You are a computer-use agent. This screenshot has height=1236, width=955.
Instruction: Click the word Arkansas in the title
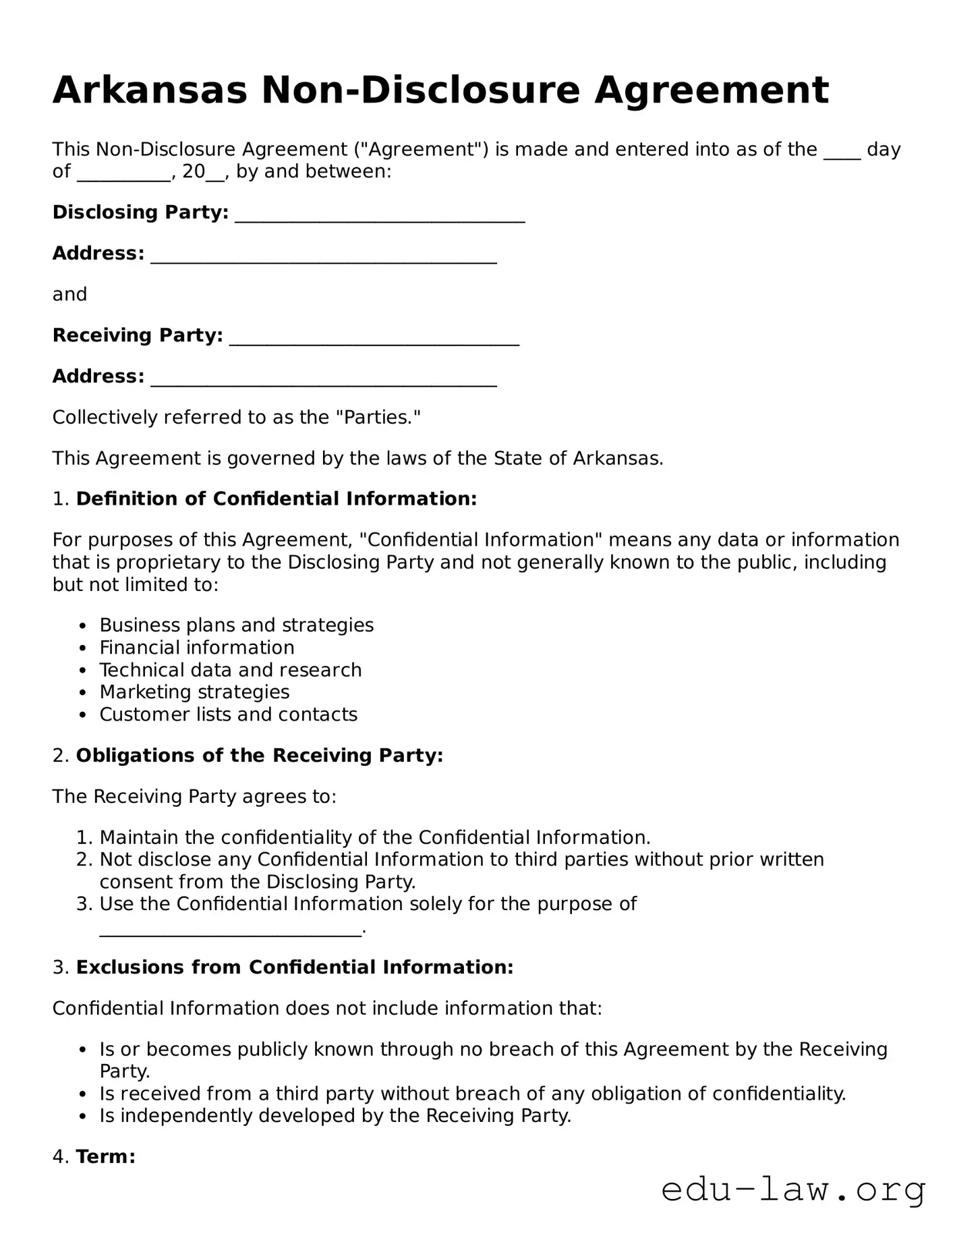pyautogui.click(x=150, y=90)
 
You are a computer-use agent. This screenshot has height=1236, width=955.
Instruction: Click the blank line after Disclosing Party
pyautogui.click(x=380, y=215)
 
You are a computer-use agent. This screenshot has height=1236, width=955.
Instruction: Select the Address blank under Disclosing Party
pyautogui.click(x=324, y=256)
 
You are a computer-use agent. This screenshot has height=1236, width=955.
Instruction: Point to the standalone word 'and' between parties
pyautogui.click(x=69, y=294)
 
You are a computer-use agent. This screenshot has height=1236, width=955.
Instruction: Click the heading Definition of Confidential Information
pyautogui.click(x=277, y=499)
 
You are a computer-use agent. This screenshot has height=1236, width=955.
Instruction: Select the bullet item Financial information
pyautogui.click(x=197, y=648)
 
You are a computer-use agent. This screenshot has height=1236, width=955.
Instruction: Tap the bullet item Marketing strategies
pyautogui.click(x=194, y=692)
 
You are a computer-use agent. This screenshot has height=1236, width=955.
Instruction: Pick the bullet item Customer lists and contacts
pyautogui.click(x=228, y=714)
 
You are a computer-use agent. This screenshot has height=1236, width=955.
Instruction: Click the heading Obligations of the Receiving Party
pyautogui.click(x=260, y=756)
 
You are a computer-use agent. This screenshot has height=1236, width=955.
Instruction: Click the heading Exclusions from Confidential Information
pyautogui.click(x=295, y=967)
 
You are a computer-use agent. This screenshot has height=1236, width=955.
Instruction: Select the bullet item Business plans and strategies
pyautogui.click(x=236, y=625)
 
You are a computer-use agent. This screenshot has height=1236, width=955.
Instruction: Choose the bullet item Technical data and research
pyautogui.click(x=231, y=670)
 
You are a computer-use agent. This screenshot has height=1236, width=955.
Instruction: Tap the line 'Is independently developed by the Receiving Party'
pyautogui.click(x=335, y=1116)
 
